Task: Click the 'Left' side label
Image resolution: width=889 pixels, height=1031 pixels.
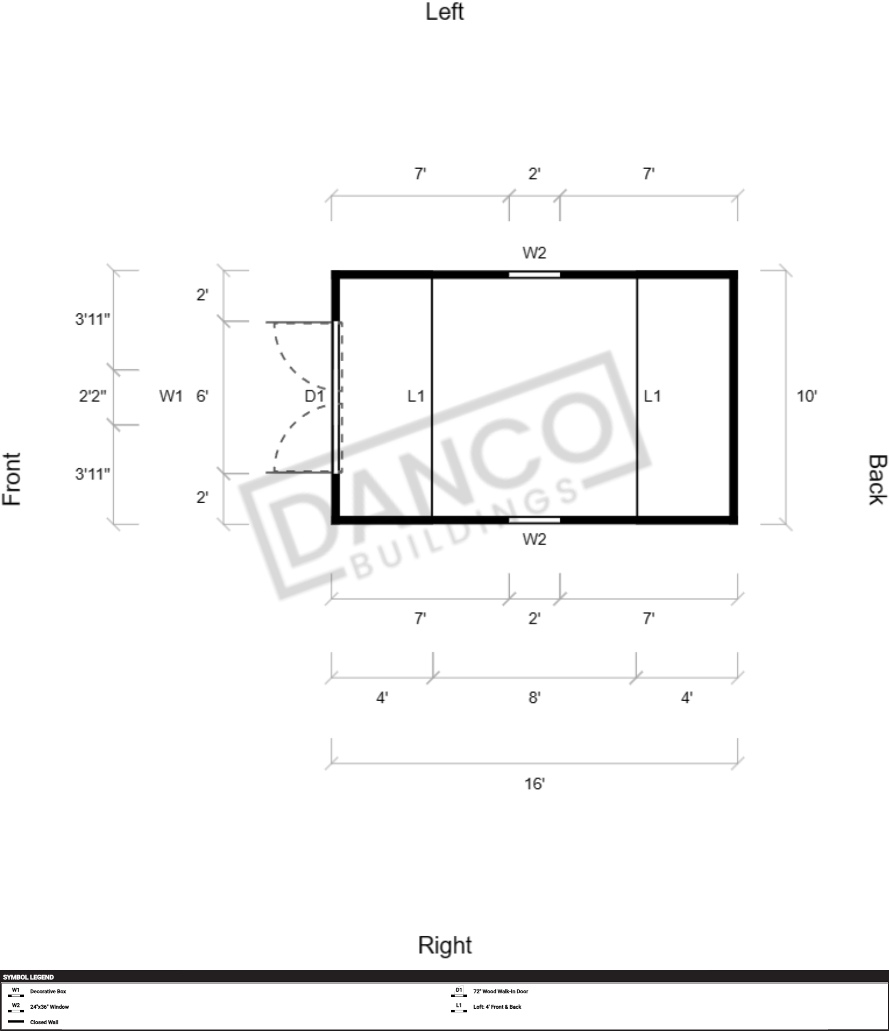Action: [x=444, y=12]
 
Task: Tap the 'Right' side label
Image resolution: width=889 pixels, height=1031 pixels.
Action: [x=445, y=945]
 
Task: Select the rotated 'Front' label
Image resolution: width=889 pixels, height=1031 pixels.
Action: [x=12, y=479]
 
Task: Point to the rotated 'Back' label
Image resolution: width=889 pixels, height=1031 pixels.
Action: [x=877, y=479]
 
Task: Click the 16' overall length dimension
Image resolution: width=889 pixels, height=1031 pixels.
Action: [x=534, y=784]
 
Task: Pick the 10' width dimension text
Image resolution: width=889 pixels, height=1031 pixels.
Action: [x=807, y=396]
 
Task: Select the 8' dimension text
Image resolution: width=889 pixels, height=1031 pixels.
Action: [x=534, y=697]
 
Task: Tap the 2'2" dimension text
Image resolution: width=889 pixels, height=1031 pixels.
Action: [x=93, y=396]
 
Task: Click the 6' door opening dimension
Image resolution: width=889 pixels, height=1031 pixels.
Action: [x=202, y=396]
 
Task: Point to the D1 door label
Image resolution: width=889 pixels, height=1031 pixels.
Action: [x=314, y=396]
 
